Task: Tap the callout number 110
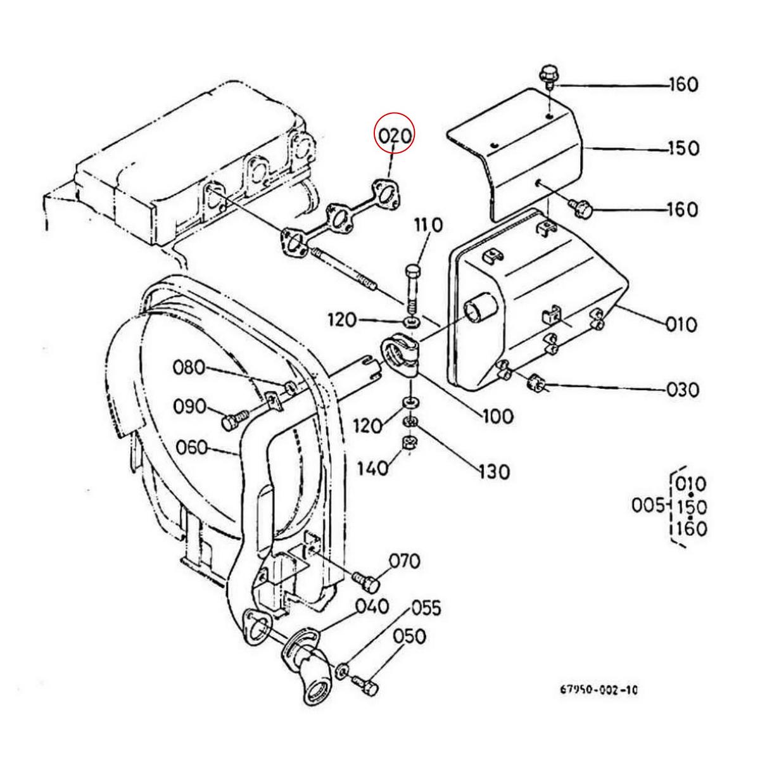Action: click(428, 225)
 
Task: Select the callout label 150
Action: click(683, 149)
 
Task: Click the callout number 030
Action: click(683, 389)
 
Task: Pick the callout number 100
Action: click(498, 416)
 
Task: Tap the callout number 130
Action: click(494, 472)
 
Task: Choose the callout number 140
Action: click(372, 469)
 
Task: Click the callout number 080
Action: click(189, 368)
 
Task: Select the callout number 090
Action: click(190, 407)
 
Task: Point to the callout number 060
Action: click(191, 448)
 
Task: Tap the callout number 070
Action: click(405, 561)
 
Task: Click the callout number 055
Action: click(426, 608)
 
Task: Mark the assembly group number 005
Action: click(649, 505)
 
